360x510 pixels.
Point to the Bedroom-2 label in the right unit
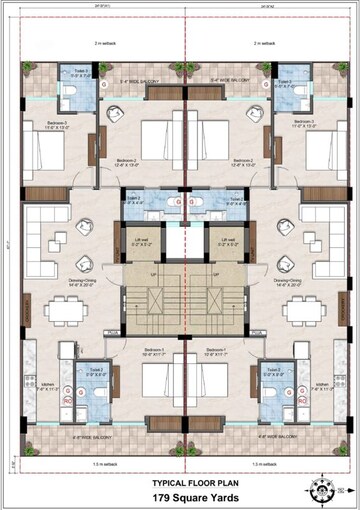pos(236,161)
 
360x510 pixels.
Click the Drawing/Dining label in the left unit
pos(82,283)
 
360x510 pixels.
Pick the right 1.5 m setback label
pos(266,465)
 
